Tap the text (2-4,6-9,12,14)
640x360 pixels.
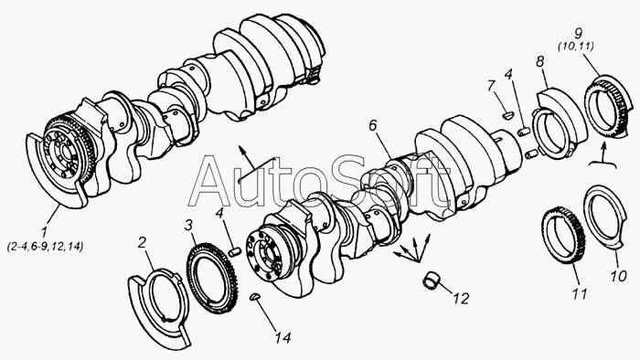pos(46,247)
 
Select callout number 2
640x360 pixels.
pos(142,242)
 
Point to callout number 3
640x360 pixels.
pos(188,225)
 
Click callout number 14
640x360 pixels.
pos(282,337)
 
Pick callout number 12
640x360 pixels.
pos(461,299)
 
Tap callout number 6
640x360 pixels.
pos(373,125)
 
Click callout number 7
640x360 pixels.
pos(492,86)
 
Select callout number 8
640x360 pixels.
pos(540,62)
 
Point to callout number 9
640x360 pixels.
pos(578,33)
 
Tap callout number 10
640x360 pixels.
pos(619,276)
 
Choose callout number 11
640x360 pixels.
pos(580,293)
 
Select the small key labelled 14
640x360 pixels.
pos(254,296)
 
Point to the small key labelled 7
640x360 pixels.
pos(507,115)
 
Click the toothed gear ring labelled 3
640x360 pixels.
pos(212,279)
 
